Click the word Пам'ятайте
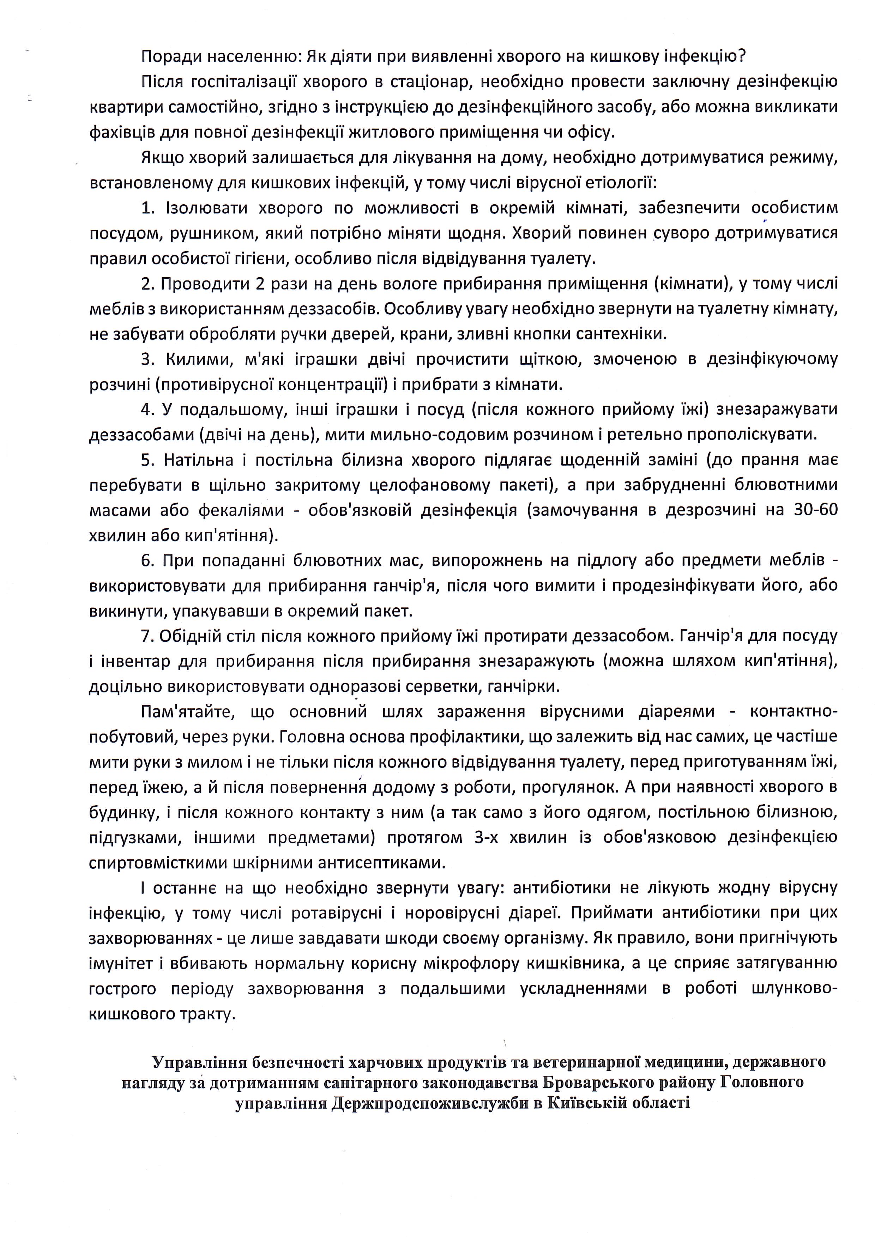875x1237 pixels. (186, 712)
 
